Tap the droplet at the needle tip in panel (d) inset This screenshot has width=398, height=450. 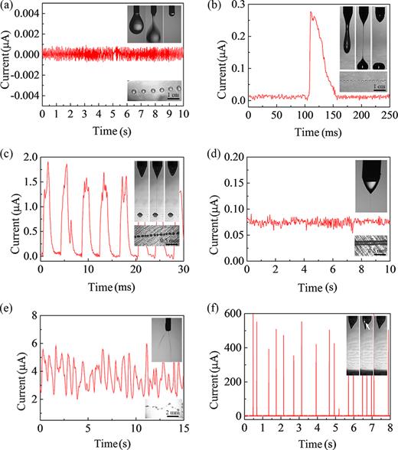click(x=367, y=184)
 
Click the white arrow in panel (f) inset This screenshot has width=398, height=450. click(x=367, y=324)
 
